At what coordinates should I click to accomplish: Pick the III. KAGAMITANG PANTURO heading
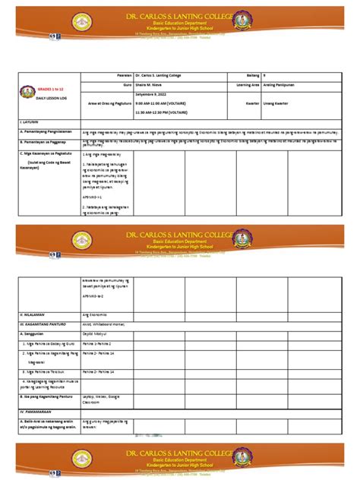[x=46, y=323]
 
